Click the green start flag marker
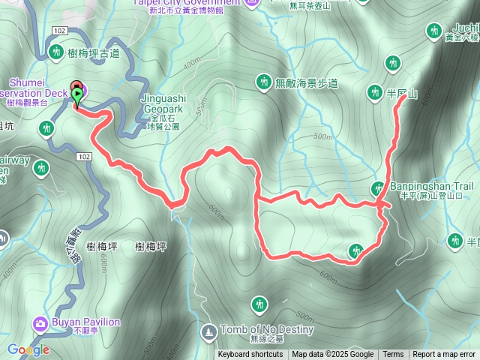point(78,95)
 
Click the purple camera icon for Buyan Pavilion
point(40,323)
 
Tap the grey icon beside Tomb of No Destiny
point(208,330)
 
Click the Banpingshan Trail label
point(430,186)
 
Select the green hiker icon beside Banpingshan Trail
point(378,187)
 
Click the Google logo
point(28,349)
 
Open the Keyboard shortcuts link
point(250,355)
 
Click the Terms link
point(393,355)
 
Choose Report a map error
point(443,355)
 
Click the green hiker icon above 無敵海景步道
point(263,81)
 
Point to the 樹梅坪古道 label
point(93,52)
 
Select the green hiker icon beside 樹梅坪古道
point(56,52)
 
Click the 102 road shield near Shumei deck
point(61,30)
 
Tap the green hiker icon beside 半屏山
point(374,92)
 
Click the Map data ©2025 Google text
point(333,355)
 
